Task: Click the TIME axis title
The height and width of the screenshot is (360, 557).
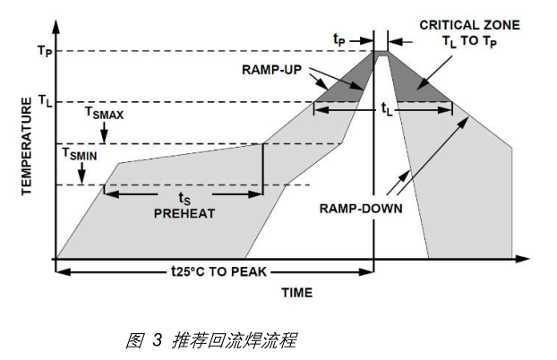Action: [297, 292]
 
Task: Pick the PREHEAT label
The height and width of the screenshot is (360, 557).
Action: [184, 213]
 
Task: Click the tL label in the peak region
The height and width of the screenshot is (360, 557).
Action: [386, 108]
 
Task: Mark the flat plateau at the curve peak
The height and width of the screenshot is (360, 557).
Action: [381, 53]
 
